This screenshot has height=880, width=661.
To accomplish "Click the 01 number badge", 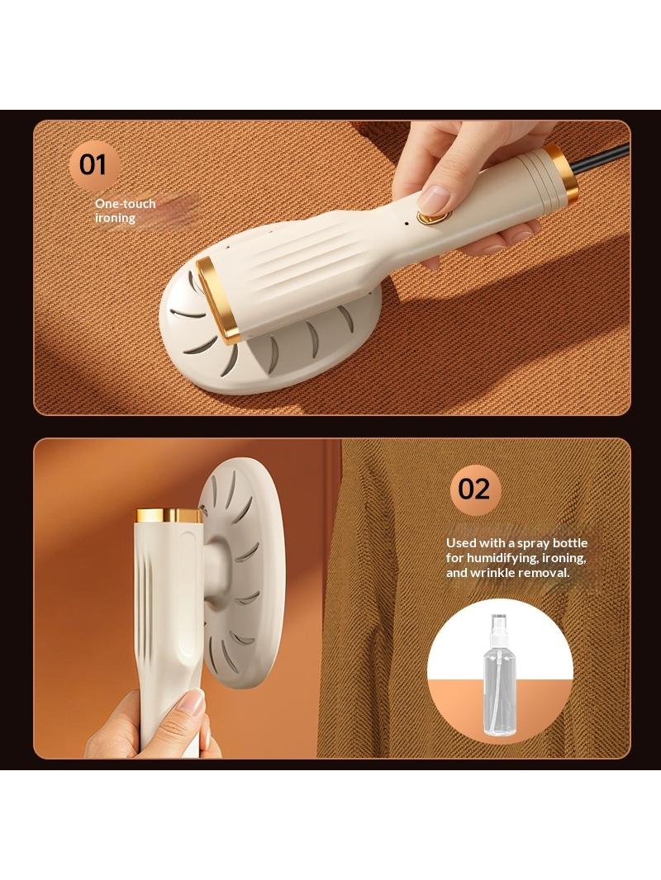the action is point(93,165).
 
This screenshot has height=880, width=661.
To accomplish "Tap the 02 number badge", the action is point(473,489).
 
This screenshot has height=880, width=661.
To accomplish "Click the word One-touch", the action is point(125,204).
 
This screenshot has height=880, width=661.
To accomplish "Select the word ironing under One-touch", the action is point(115,218).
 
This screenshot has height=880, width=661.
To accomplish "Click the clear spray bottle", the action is point(499,675).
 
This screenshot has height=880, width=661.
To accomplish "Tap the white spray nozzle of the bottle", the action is point(499,625).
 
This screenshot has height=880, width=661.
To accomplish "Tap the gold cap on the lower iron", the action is point(169,515).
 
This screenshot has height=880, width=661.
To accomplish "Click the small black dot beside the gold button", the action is point(406,223).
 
